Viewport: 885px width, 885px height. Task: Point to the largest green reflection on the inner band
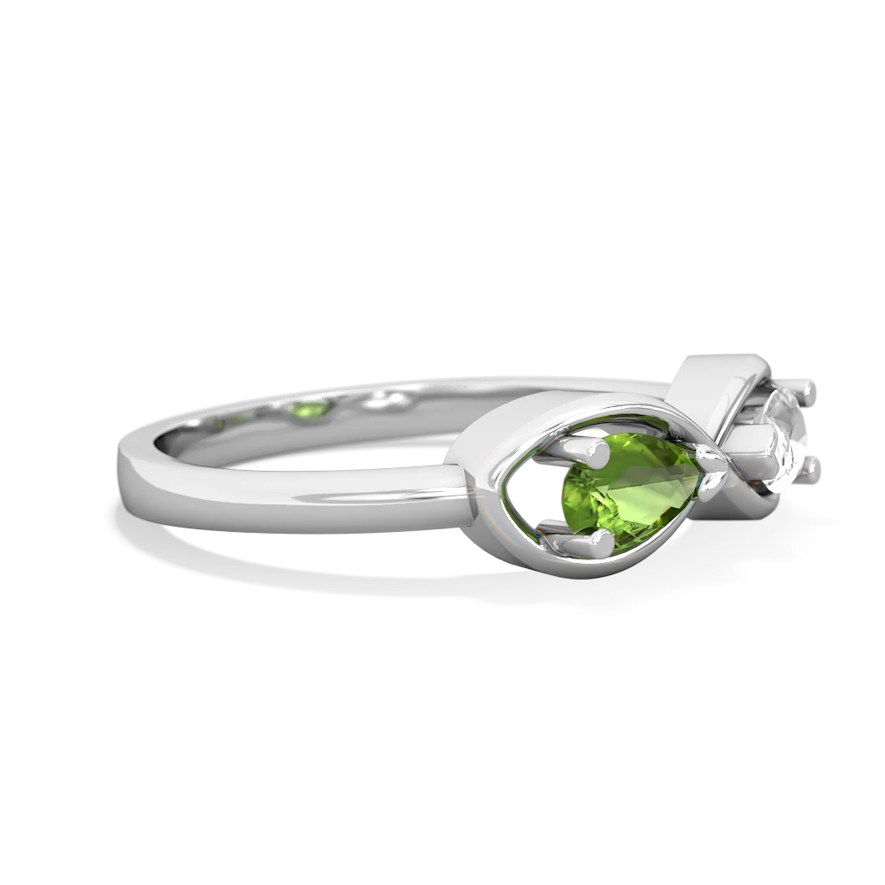coord(315,408)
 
